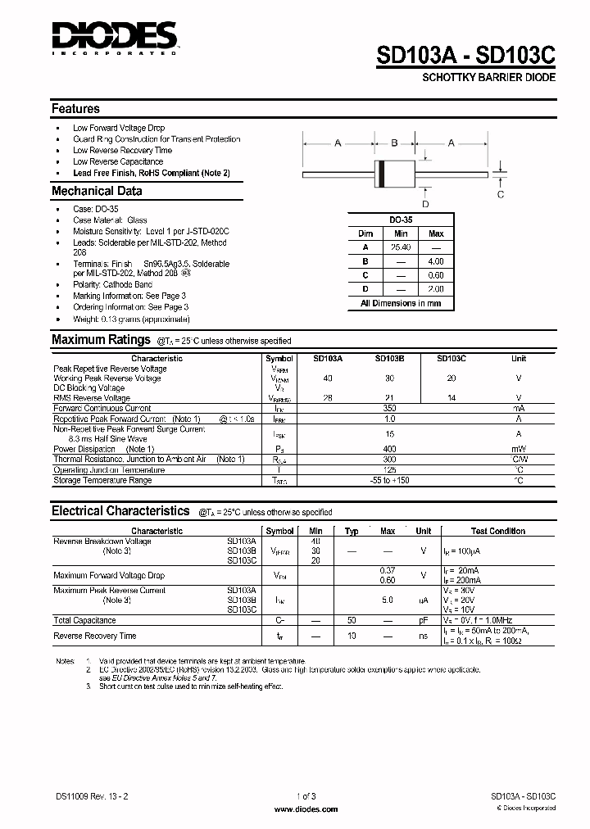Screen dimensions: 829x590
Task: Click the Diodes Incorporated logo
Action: pyautogui.click(x=113, y=38)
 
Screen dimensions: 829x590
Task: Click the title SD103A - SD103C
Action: pyautogui.click(x=466, y=55)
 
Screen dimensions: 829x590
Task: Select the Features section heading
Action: pyautogui.click(x=75, y=109)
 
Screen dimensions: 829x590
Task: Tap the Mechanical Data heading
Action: pyautogui.click(x=97, y=191)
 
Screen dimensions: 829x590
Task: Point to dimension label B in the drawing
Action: pyautogui.click(x=393, y=143)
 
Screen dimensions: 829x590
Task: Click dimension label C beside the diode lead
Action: pyautogui.click(x=501, y=194)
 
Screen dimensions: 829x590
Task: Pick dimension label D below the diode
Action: pyautogui.click(x=425, y=204)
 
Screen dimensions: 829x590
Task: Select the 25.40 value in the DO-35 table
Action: pyautogui.click(x=401, y=247)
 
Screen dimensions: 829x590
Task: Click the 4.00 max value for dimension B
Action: pyautogui.click(x=436, y=260)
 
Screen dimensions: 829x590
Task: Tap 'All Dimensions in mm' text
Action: pyautogui.click(x=401, y=303)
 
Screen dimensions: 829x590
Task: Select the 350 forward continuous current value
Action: pyautogui.click(x=389, y=407)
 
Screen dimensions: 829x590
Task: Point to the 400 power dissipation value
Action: pyautogui.click(x=389, y=449)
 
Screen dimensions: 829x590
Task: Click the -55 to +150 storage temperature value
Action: pyautogui.click(x=389, y=480)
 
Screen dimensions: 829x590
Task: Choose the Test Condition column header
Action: pyautogui.click(x=498, y=531)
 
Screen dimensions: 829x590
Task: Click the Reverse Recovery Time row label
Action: pyautogui.click(x=95, y=636)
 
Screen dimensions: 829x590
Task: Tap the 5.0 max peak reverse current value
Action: pyautogui.click(x=388, y=600)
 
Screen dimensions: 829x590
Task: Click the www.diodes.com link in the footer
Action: pyautogui.click(x=306, y=809)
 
